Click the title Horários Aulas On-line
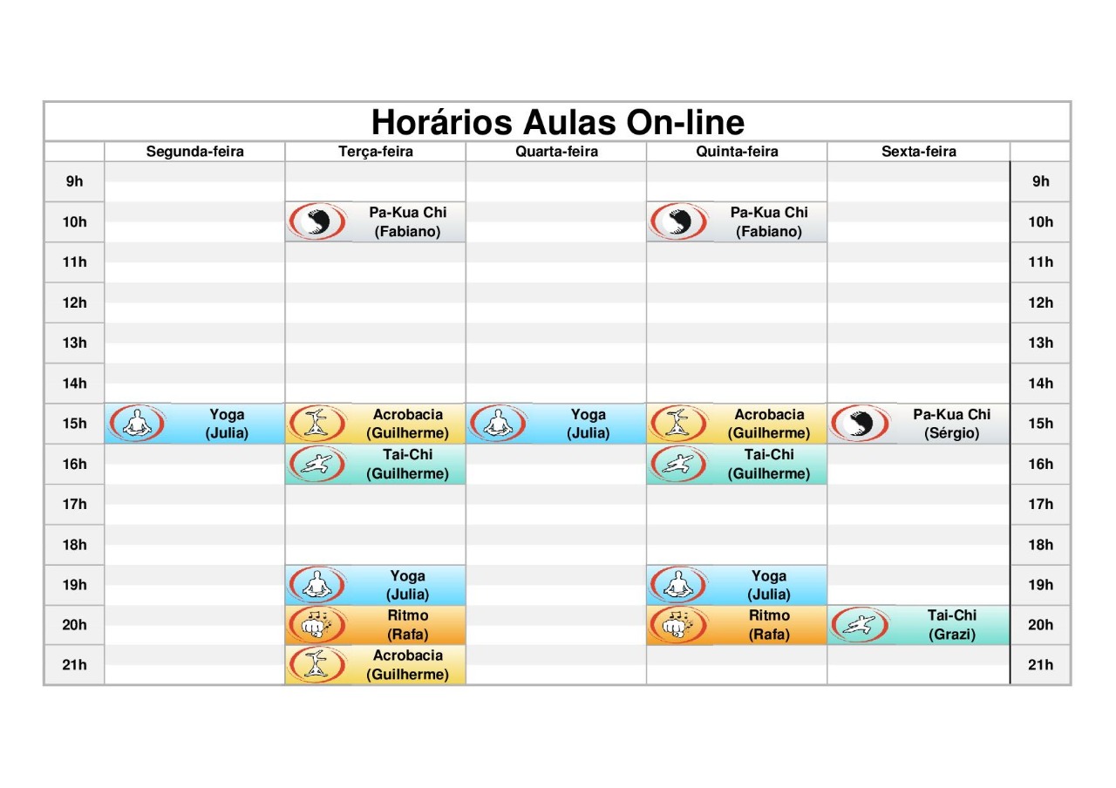[558, 122]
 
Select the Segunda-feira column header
[194, 152]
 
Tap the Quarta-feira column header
[556, 152]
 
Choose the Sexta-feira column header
[919, 152]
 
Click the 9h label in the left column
[75, 181]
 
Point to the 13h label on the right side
[1041, 343]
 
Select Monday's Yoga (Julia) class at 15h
[194, 424]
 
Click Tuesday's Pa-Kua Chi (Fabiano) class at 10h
[376, 221]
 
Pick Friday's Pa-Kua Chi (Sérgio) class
[919, 424]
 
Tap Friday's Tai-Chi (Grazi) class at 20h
[919, 625]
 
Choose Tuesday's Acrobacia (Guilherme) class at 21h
[376, 664]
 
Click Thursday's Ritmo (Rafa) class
[737, 625]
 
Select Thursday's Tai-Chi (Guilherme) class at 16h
[737, 464]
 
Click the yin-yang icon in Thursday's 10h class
[678, 221]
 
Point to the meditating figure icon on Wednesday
[497, 424]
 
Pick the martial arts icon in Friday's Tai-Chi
[860, 625]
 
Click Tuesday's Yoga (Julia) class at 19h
[376, 584]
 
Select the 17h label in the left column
[75, 504]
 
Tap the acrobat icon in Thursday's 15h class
[678, 424]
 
